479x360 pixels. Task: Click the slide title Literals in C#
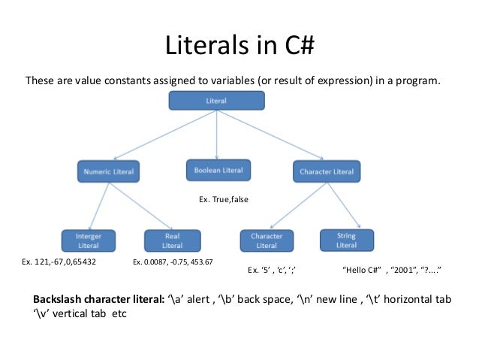[239, 47]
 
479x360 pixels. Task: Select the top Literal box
[217, 100]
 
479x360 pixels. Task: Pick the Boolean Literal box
[218, 171]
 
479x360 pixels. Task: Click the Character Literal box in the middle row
[326, 172]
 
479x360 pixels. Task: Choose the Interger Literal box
[89, 241]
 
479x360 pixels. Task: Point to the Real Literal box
[172, 241]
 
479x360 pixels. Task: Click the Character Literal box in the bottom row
[267, 241]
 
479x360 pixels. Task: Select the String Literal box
[346, 241]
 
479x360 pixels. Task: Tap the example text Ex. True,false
[223, 200]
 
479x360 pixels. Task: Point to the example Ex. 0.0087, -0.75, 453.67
[173, 262]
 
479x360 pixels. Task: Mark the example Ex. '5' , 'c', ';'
[277, 269]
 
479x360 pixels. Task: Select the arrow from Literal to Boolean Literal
[217, 134]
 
